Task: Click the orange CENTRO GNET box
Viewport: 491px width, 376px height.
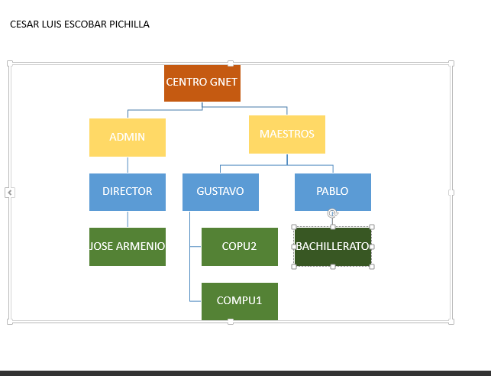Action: [x=202, y=83]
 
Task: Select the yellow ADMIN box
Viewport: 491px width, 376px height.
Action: [x=128, y=138]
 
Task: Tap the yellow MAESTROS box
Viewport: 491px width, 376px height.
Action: [x=287, y=135]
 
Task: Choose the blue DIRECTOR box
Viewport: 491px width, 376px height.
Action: [x=128, y=192]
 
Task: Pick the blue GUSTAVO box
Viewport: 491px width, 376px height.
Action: [x=221, y=192]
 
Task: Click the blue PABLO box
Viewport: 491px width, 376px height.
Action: [x=333, y=192]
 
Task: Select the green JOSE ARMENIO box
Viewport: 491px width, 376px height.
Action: [x=128, y=247]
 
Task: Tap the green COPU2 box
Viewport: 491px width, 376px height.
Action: [x=240, y=247]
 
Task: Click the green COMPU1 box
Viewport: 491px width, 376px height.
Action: [x=240, y=301]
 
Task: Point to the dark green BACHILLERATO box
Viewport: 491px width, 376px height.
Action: [x=333, y=247]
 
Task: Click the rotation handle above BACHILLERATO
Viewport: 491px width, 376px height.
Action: [x=333, y=213]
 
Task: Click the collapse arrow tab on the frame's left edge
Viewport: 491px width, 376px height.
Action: [x=10, y=193]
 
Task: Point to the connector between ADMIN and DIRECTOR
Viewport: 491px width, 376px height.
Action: [x=128, y=165]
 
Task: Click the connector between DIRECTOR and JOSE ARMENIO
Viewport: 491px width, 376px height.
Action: [x=128, y=219]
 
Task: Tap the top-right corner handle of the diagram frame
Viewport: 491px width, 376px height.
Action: [x=451, y=63]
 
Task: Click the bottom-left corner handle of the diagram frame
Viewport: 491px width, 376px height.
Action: [x=10, y=322]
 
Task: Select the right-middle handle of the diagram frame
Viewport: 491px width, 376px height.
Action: [x=451, y=193]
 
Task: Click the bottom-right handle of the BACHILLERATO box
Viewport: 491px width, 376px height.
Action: [x=372, y=267]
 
